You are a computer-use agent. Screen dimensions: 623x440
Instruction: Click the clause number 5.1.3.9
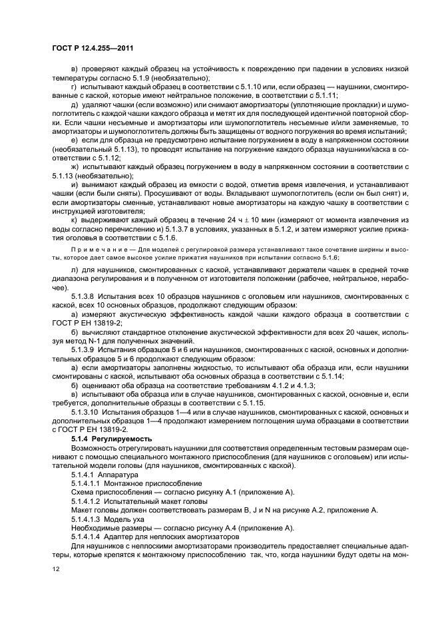pos(85,351)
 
